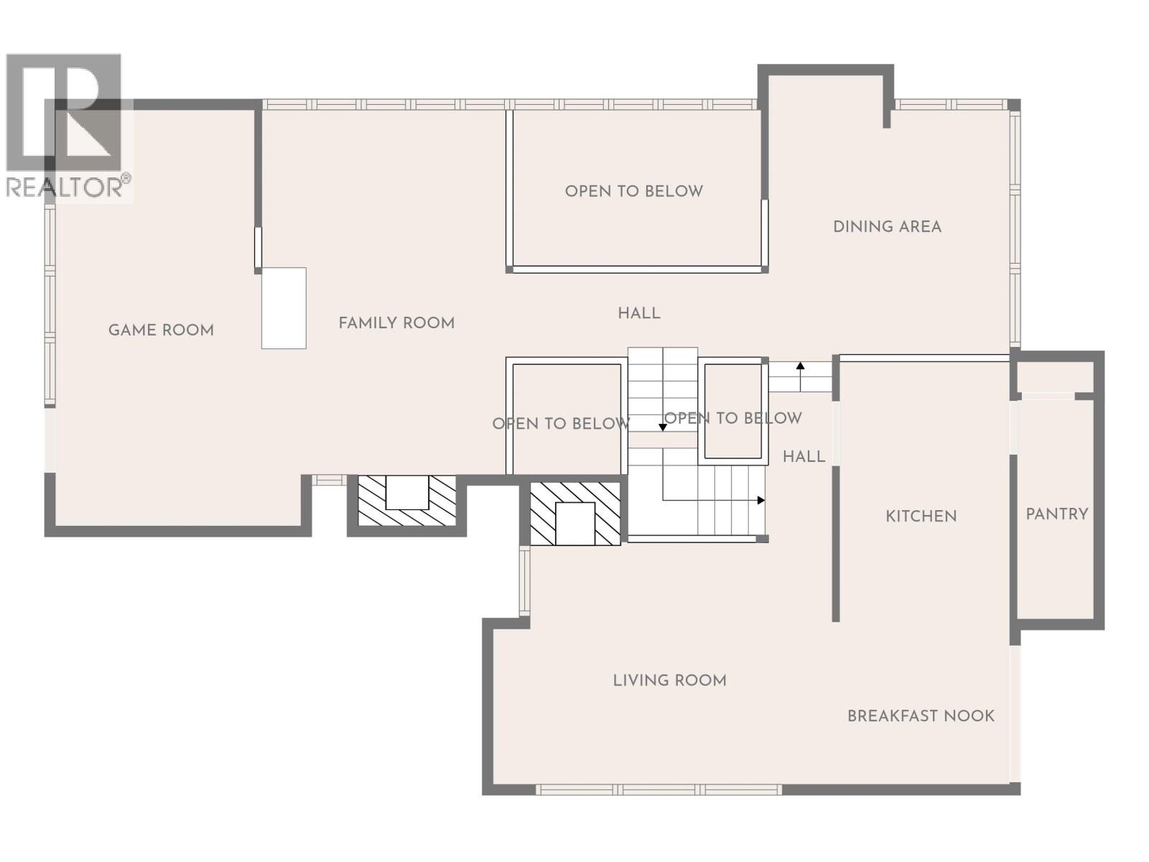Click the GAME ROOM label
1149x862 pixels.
(x=161, y=330)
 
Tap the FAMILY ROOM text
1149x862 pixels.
(x=396, y=323)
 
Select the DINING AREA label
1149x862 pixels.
(x=887, y=227)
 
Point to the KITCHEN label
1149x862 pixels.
(x=921, y=516)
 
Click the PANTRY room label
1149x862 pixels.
(x=1056, y=514)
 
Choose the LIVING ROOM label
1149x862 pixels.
(x=669, y=680)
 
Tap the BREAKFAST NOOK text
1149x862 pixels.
(x=921, y=716)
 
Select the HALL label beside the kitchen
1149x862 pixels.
(x=804, y=457)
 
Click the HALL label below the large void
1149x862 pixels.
(x=639, y=313)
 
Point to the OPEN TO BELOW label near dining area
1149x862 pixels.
(x=633, y=191)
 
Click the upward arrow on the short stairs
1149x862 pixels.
(x=801, y=367)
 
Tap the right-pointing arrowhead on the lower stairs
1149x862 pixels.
(x=761, y=500)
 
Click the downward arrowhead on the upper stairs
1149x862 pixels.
(x=663, y=427)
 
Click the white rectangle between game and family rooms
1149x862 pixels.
(x=284, y=308)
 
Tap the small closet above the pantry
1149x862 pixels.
(x=1053, y=378)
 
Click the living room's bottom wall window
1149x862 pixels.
(x=659, y=789)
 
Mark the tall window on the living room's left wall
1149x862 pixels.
(x=524, y=580)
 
